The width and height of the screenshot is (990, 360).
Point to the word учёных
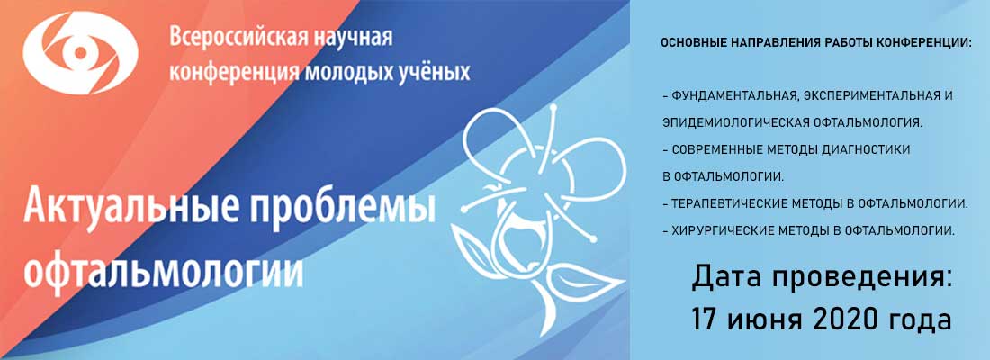click(x=436, y=71)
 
